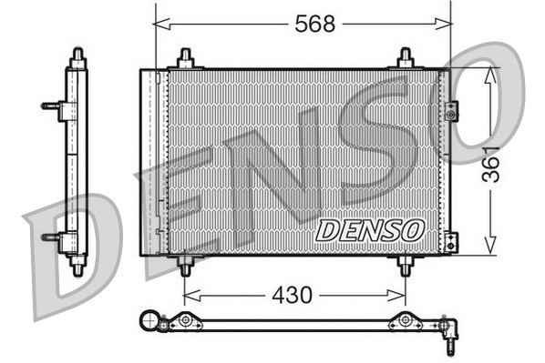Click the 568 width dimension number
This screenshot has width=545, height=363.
[314, 25]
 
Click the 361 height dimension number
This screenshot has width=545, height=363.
[492, 163]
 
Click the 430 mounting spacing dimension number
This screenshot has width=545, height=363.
[292, 295]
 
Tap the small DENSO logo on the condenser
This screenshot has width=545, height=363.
[370, 230]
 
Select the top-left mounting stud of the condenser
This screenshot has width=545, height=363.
[185, 58]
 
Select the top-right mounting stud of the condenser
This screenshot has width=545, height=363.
[406, 58]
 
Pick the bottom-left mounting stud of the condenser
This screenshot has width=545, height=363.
[185, 266]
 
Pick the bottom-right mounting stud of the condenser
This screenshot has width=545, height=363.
[406, 266]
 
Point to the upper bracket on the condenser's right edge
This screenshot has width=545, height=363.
[451, 111]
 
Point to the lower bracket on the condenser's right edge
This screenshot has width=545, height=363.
[451, 242]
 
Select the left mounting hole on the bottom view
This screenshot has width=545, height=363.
[185, 320]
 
